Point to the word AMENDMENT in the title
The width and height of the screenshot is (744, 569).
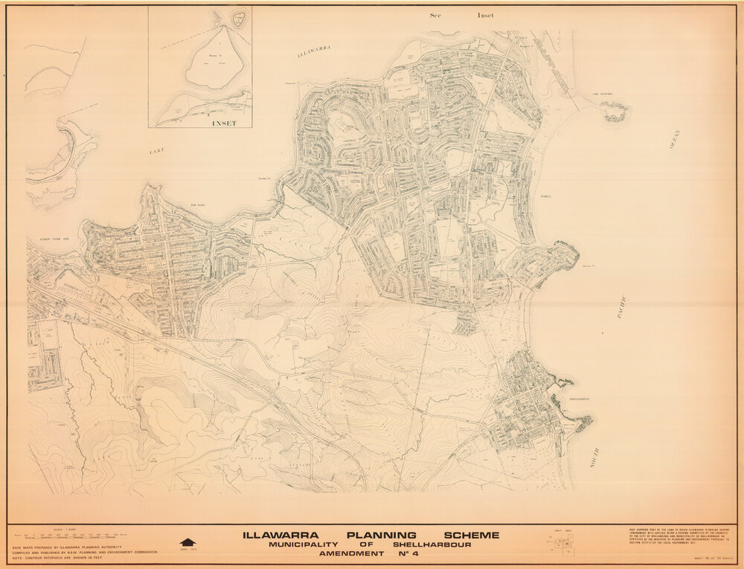click(353, 553)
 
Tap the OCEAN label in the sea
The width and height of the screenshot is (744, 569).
click(675, 141)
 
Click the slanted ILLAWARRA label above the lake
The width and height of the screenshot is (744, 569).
click(312, 51)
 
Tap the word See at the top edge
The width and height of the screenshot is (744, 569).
click(437, 15)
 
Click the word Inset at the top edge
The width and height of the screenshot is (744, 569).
click(485, 15)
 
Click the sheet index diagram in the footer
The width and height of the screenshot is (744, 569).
click(562, 542)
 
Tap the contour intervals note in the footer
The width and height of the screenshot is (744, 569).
click(60, 557)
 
